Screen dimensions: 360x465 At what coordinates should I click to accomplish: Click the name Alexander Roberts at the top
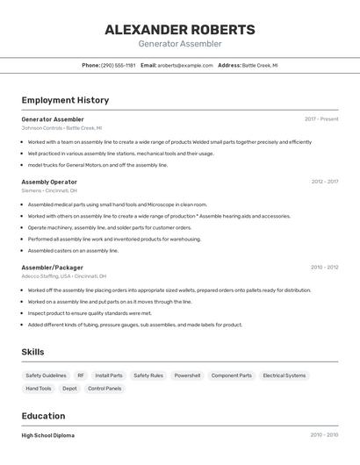[x=180, y=29]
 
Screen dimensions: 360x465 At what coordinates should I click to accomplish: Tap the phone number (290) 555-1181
[x=118, y=65]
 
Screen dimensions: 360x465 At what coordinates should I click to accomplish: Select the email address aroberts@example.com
[x=185, y=65]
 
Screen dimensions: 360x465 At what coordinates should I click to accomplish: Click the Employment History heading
[x=65, y=100]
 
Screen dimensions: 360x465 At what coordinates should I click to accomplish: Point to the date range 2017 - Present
[x=321, y=118]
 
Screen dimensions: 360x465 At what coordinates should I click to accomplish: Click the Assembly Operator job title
[x=49, y=182]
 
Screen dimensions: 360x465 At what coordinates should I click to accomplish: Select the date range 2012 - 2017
[x=324, y=182]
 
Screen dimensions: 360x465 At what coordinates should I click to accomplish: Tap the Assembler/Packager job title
[x=53, y=267]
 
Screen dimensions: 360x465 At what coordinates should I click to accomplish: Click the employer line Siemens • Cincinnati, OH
[x=49, y=190]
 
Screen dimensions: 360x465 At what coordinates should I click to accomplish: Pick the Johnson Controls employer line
[x=61, y=127]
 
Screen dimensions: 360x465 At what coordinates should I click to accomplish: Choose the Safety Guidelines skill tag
[x=45, y=376]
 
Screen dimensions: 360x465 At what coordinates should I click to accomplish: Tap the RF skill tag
[x=81, y=376]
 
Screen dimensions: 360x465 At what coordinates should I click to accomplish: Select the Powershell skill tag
[x=187, y=376]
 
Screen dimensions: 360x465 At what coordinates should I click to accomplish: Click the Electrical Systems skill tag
[x=284, y=376]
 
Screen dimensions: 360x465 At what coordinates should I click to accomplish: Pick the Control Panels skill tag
[x=104, y=388]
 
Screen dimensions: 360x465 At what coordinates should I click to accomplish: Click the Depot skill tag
[x=69, y=388]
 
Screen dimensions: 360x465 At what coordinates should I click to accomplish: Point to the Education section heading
[x=43, y=416]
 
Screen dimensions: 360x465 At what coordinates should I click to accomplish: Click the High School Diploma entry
[x=47, y=435]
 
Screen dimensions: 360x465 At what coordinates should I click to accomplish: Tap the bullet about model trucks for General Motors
[x=97, y=164]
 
